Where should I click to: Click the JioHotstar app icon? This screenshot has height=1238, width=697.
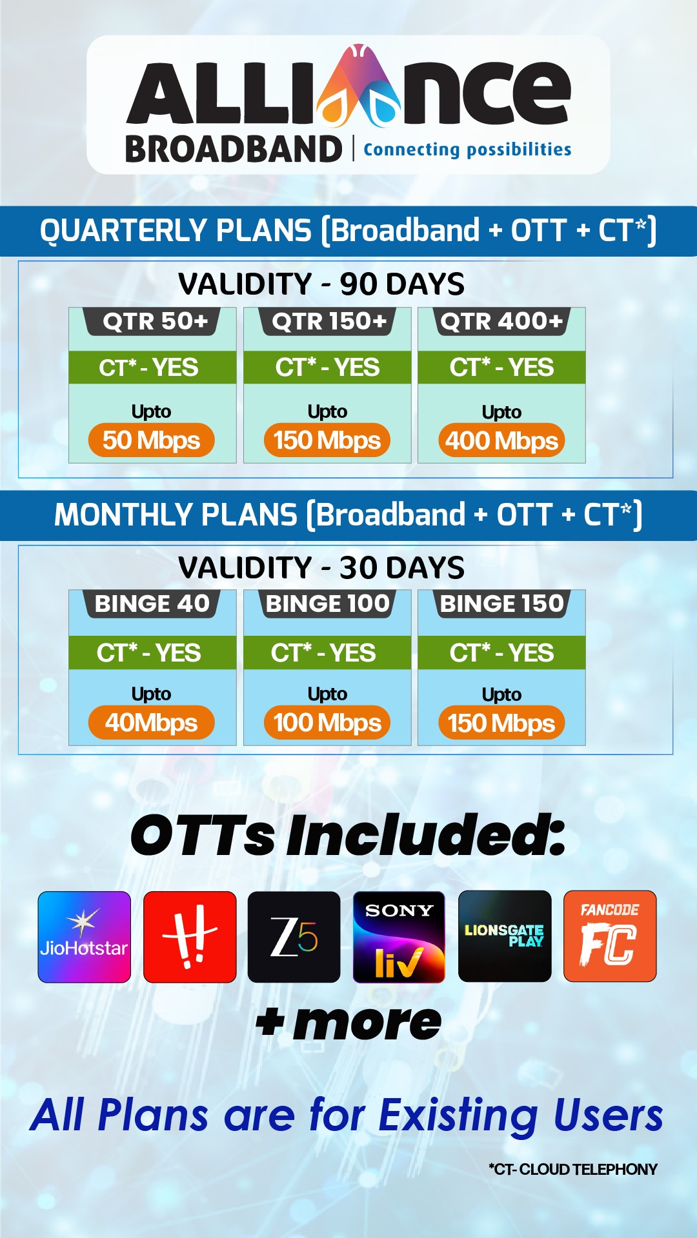[x=85, y=937]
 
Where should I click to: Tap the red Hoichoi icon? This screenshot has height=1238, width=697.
[x=190, y=937]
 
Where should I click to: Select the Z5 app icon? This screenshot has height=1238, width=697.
[x=294, y=937]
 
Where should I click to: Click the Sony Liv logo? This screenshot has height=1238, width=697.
[x=399, y=937]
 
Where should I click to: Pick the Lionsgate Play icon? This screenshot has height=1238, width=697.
[x=505, y=936]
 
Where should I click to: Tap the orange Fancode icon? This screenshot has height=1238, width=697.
[x=610, y=936]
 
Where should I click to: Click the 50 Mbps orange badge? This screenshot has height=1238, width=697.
[x=152, y=440]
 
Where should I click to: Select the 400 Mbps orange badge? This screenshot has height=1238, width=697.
[x=501, y=441]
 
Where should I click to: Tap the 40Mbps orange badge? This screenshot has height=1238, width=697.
[x=152, y=723]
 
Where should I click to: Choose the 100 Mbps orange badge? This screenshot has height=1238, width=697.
[x=327, y=723]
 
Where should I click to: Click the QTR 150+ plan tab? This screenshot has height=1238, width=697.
[x=328, y=321]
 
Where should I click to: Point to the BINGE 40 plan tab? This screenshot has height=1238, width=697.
[x=152, y=604]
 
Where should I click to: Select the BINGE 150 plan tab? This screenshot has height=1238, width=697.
[x=502, y=604]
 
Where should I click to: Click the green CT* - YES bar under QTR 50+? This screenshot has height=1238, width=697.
[x=152, y=368]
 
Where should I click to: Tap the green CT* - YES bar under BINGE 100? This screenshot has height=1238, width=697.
[x=327, y=653]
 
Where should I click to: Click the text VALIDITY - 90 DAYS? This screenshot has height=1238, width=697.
[x=321, y=284]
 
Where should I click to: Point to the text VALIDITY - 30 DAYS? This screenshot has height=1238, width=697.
[x=321, y=567]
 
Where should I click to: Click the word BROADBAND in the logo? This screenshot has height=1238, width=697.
[x=234, y=150]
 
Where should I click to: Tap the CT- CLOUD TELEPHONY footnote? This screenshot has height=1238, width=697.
[x=573, y=1170]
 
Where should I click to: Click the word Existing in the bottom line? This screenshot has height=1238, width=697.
[x=458, y=1116]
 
